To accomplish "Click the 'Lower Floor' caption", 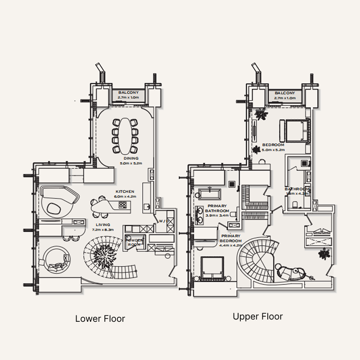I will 100,319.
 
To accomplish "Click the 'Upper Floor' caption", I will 257,316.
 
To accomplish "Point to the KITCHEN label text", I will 125,191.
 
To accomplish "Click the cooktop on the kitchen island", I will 122,205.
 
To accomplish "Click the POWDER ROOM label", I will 135,242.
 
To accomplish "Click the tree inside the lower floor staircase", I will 103,259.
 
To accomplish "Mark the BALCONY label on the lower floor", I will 128,92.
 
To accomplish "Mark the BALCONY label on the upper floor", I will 284,93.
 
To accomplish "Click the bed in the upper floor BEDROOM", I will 296,130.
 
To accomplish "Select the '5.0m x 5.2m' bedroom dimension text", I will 273,150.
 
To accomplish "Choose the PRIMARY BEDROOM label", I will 230,238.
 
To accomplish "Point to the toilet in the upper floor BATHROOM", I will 295,205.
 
